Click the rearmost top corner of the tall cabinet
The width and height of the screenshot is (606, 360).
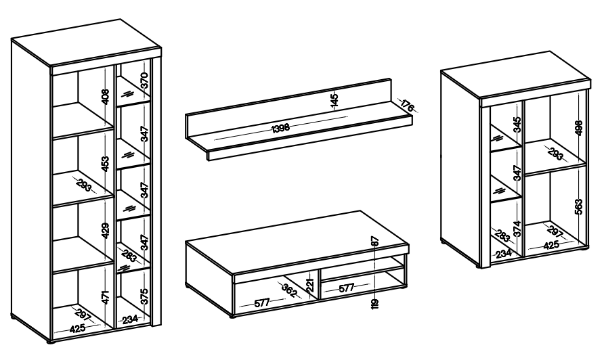(x=121, y=20)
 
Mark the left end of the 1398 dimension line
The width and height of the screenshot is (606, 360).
(x=215, y=139)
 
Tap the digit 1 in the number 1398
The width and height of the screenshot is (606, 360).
(x=274, y=129)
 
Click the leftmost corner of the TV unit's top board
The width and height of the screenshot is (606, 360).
(x=186, y=242)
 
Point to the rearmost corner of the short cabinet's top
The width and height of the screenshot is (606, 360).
(x=549, y=51)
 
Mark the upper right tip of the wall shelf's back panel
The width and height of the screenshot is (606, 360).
(x=391, y=79)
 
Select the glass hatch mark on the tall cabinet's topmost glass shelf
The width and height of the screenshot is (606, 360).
(x=127, y=94)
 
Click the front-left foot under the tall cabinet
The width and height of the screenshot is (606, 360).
(x=51, y=342)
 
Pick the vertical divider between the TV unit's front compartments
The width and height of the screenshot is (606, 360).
(x=319, y=284)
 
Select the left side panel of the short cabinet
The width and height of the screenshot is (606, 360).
(x=460, y=168)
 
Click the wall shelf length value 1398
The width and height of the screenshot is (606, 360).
(x=280, y=128)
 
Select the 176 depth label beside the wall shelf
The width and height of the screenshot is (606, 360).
(x=408, y=105)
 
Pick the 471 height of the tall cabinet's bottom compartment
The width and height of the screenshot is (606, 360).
(x=106, y=297)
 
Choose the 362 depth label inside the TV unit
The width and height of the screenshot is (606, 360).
(x=289, y=290)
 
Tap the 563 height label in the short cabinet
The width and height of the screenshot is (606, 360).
(x=578, y=207)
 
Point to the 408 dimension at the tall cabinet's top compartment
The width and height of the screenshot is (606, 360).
(x=106, y=97)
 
